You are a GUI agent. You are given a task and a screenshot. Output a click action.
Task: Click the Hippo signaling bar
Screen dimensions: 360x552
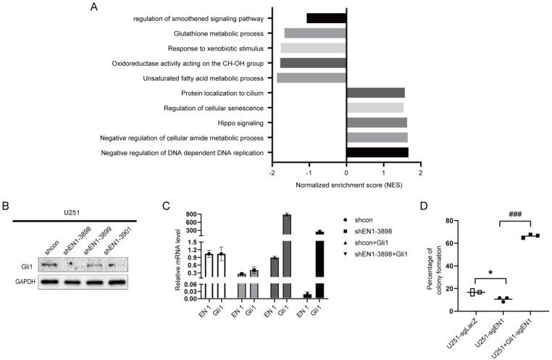377,122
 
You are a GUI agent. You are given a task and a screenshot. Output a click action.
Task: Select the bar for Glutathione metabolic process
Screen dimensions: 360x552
315,33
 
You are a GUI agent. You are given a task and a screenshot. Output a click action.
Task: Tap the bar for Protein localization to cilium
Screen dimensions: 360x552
375,93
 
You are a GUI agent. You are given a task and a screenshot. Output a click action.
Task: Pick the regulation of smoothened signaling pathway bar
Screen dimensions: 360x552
326,18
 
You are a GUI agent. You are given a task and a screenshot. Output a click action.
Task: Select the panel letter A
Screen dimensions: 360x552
93,7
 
